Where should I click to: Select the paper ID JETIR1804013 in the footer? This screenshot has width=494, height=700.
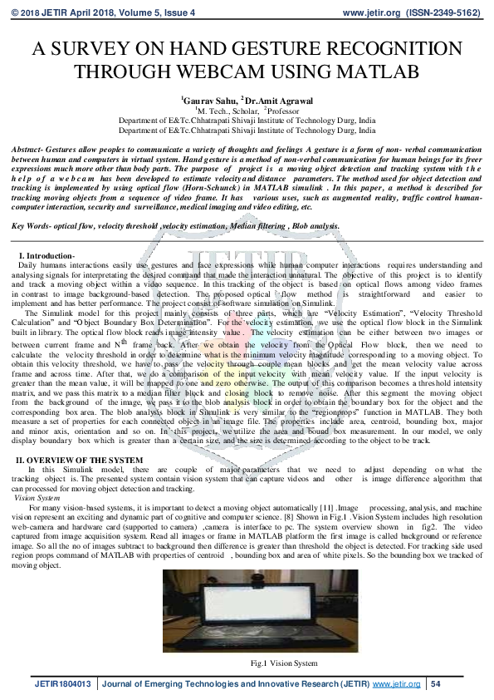pos(63,684)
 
